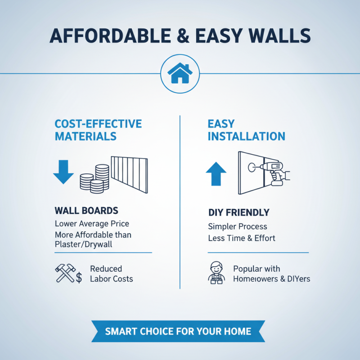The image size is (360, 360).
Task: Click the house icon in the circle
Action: (x=180, y=73)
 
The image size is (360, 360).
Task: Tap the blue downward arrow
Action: (x=63, y=171)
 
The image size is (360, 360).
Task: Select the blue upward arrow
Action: (x=216, y=174)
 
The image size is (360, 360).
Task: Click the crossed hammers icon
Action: (x=64, y=274)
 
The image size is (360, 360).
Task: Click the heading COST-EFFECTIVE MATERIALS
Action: (x=98, y=130)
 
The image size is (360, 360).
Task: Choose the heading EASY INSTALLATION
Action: (x=246, y=130)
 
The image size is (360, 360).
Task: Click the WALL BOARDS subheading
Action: (x=86, y=210)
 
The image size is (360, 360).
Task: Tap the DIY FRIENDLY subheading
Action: (x=238, y=212)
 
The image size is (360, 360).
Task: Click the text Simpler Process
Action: (x=237, y=226)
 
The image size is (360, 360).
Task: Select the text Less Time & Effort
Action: (x=242, y=238)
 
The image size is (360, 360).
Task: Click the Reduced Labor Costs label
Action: (x=111, y=274)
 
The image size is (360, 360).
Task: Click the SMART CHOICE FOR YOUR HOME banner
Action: (x=178, y=332)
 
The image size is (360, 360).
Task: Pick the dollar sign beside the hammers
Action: (x=79, y=278)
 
